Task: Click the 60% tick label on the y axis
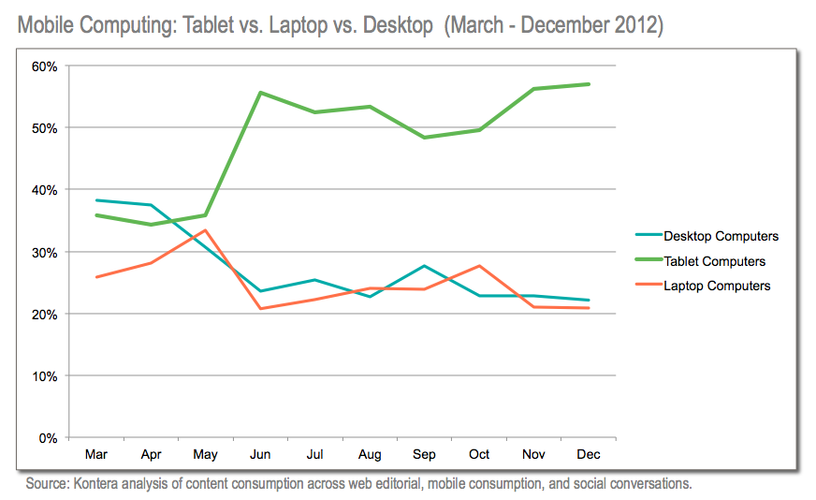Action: pos(46,66)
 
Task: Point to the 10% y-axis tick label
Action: pos(46,376)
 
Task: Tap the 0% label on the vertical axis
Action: pos(49,438)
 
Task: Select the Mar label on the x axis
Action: pos(95,455)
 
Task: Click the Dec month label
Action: pos(588,455)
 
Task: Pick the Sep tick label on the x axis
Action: pos(424,455)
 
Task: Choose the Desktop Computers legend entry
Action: pos(721,237)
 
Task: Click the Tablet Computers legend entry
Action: pos(714,261)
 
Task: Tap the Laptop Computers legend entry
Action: pos(716,286)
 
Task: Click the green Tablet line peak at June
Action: pos(260,93)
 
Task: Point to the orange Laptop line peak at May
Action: pos(205,230)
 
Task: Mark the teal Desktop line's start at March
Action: pos(95,200)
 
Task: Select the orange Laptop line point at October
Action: pos(479,266)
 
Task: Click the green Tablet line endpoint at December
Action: pos(588,84)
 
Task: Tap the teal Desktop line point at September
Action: pos(424,266)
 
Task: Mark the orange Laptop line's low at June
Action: pos(260,309)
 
